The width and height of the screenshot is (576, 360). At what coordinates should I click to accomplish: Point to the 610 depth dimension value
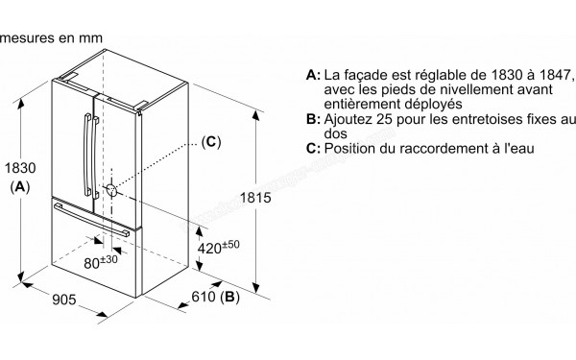(202, 299)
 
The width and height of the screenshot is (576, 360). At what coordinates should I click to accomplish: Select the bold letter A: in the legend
(311, 74)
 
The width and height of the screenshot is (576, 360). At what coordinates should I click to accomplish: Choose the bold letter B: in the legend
(311, 119)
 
